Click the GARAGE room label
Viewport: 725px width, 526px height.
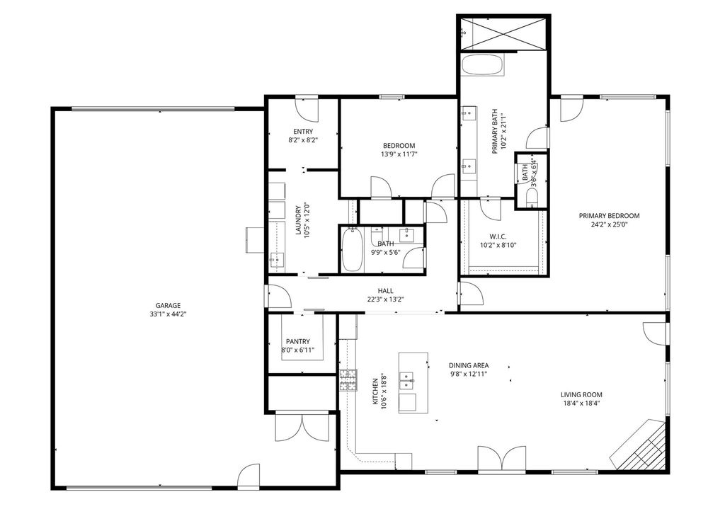click(168, 306)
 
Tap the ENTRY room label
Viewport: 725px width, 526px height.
click(303, 132)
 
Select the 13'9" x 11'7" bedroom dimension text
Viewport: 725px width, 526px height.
click(399, 154)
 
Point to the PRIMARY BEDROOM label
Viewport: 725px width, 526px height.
click(610, 216)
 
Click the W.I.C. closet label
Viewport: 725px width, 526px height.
click(498, 236)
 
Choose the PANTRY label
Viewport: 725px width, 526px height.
click(298, 341)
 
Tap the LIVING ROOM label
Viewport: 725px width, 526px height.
click(581, 395)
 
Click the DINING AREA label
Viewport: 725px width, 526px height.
click(469, 365)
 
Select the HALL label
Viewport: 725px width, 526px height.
click(386, 291)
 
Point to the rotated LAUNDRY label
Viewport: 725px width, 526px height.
click(298, 220)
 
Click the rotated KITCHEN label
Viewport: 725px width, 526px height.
click(375, 391)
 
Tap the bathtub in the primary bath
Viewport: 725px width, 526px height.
click(483, 66)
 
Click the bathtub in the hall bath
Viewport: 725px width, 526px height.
click(352, 251)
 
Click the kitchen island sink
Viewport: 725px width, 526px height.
click(406, 380)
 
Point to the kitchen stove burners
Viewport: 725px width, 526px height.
click(348, 380)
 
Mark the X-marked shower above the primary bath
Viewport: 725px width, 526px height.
click(503, 33)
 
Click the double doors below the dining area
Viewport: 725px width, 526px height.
click(502, 459)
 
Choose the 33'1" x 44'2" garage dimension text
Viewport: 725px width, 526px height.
click(168, 314)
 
